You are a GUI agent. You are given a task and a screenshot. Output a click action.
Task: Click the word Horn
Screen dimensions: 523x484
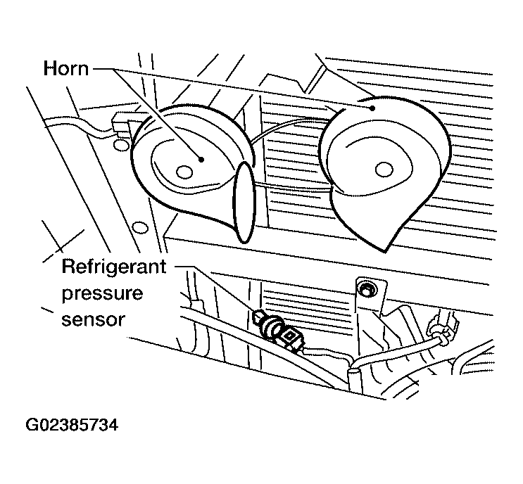(x=66, y=69)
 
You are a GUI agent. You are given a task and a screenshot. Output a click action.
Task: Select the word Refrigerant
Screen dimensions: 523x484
(x=114, y=267)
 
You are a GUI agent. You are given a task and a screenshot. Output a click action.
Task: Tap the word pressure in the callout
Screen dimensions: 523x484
(x=102, y=294)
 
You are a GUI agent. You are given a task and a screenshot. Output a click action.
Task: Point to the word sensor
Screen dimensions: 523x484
(x=93, y=319)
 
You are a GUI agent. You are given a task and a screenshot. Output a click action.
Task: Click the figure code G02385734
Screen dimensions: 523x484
(x=72, y=425)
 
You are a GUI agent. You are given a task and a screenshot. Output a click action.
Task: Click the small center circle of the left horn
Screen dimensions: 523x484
(x=184, y=172)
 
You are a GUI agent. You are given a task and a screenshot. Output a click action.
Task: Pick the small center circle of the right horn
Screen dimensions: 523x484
(x=384, y=170)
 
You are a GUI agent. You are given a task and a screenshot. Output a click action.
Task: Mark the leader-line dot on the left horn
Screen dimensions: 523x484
(x=201, y=159)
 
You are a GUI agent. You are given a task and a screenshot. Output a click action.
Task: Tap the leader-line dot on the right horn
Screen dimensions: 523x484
(x=372, y=108)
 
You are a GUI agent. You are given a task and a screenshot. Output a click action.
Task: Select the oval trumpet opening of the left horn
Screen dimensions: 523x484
(x=244, y=203)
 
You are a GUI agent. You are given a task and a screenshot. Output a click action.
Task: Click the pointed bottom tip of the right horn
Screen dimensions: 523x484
(x=385, y=251)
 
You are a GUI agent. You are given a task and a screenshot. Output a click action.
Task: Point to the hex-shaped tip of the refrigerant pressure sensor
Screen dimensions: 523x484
(x=258, y=317)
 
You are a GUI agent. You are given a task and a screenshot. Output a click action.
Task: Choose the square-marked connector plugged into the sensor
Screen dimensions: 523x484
(x=292, y=339)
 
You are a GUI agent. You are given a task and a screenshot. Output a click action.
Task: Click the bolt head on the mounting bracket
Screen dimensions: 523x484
(x=366, y=291)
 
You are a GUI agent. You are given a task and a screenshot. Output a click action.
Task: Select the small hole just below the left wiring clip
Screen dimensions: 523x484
(x=121, y=144)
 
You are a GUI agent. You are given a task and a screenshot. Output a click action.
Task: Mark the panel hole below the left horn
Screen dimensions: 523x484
(x=140, y=227)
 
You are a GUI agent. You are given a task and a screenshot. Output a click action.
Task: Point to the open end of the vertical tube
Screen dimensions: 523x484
(x=353, y=369)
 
